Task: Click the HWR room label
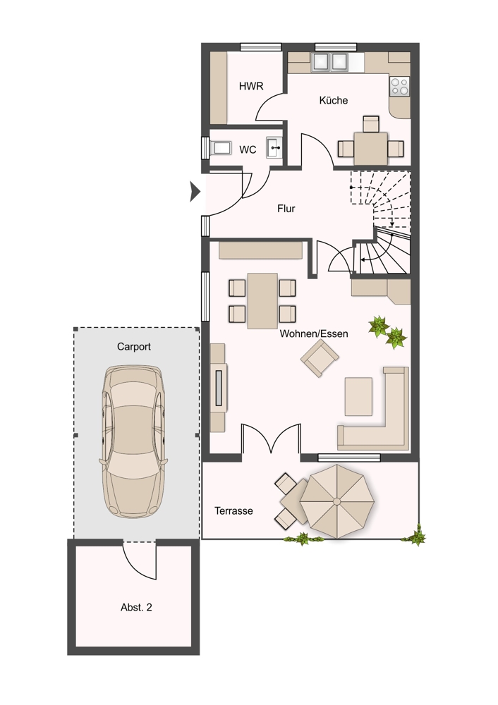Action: tap(251, 86)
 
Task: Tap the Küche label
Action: tap(334, 100)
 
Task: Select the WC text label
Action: tap(248, 149)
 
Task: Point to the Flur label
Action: tap(286, 209)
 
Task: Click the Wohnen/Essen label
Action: tap(314, 333)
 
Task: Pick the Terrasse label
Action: tap(233, 510)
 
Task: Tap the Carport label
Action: tap(133, 347)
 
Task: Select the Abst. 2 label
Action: tap(136, 608)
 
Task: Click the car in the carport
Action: tap(133, 441)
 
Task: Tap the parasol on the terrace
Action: tap(337, 501)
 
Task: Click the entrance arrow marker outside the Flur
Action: tap(195, 192)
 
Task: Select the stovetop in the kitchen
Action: tap(399, 86)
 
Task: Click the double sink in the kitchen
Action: tap(330, 62)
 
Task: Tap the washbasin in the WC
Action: tap(274, 147)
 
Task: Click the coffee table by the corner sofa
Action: tap(358, 396)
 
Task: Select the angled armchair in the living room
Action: tap(320, 358)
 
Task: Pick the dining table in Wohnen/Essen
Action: tap(262, 300)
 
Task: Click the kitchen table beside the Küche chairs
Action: tap(371, 148)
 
